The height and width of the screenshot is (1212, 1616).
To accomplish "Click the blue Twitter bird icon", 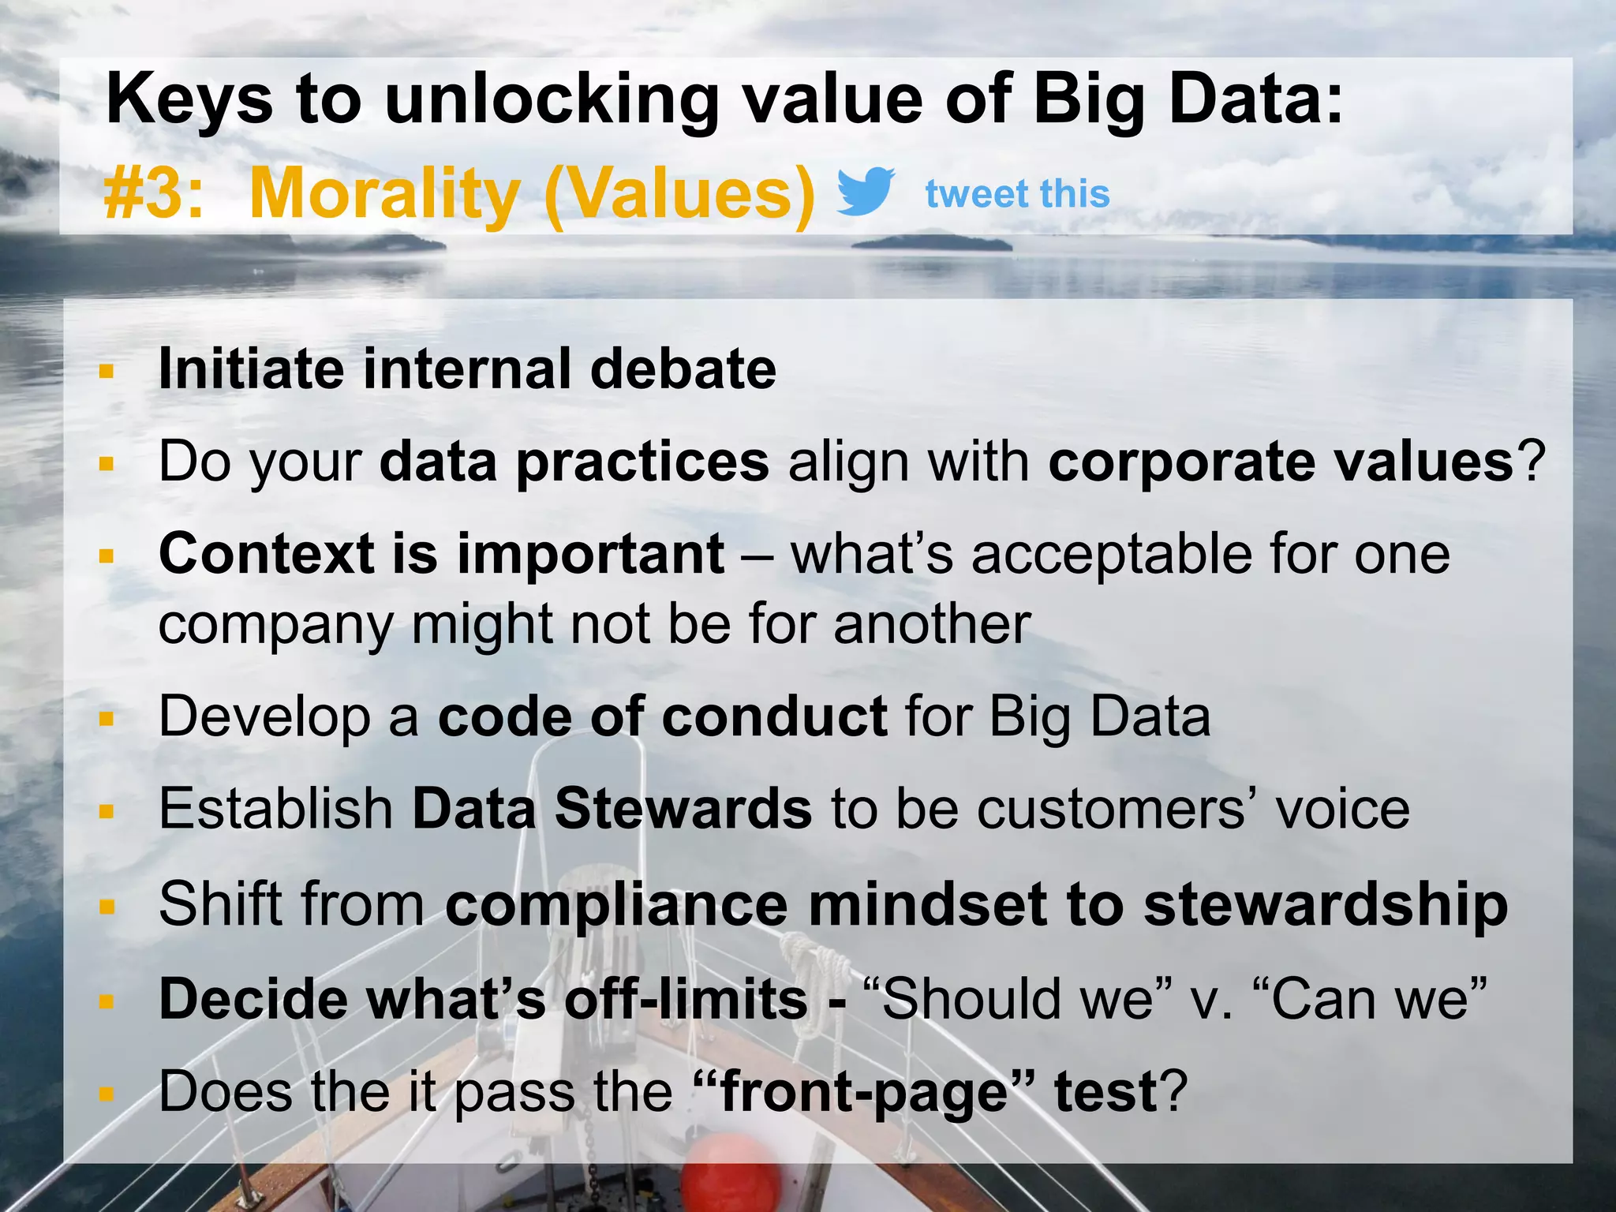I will pos(865,192).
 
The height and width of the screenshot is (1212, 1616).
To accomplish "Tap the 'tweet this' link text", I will pos(1017,194).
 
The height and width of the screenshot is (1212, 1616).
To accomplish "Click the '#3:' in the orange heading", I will pos(154,194).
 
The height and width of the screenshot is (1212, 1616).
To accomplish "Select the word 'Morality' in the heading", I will pos(384,194).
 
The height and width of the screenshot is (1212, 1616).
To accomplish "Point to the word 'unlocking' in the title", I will pos(551,101).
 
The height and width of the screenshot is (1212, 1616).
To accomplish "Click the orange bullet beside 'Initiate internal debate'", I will pos(107,371).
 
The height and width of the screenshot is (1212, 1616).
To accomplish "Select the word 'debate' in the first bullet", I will pos(683,368).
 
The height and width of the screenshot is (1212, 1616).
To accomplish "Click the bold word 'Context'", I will pos(266,554).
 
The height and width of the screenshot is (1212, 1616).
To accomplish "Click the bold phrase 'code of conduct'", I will pos(663,717).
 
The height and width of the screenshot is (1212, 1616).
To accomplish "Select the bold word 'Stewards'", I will pos(683,810).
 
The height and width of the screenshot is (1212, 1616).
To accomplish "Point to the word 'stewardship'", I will pos(1326,905).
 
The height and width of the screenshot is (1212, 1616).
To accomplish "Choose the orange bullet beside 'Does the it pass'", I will pos(107,1094).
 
